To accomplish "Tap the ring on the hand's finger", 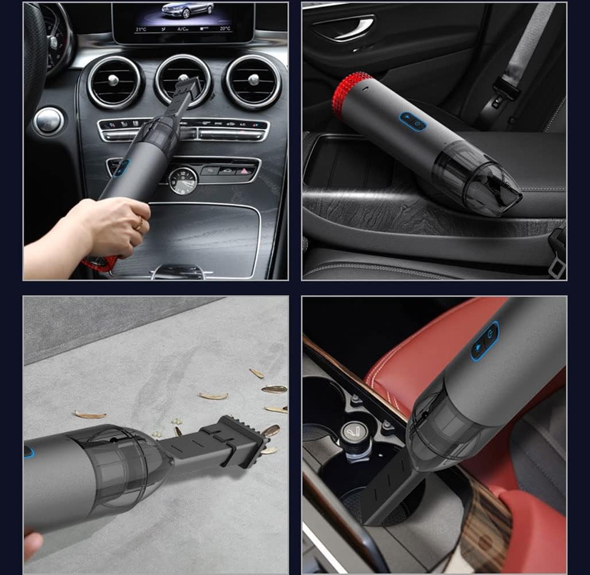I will click(137, 224).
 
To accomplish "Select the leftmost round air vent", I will click(114, 81).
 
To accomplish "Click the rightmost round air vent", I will click(252, 81).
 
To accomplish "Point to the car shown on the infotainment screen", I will click(187, 10).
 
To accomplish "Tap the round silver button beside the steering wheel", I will click(48, 121).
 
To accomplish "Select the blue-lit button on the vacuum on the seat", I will click(413, 121).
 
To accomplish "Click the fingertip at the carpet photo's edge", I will click(31, 543).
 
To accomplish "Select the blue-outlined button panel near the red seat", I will click(485, 342).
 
